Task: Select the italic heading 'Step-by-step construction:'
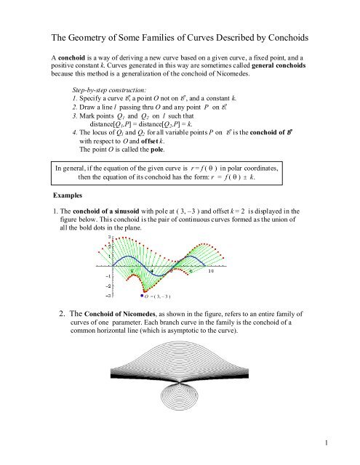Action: (105, 95)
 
